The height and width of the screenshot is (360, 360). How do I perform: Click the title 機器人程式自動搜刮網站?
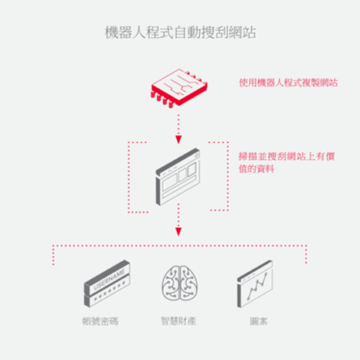tap(180, 32)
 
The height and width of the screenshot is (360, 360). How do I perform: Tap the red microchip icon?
tap(179, 88)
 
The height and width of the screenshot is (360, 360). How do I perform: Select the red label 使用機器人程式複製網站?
tap(288, 83)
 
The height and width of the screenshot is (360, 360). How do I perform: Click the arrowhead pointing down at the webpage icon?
tap(178, 140)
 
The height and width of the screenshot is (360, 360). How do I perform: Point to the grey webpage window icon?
tap(178, 177)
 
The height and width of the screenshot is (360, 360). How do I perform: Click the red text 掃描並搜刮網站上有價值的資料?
tap(287, 162)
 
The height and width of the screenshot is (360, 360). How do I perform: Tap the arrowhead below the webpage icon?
tap(178, 232)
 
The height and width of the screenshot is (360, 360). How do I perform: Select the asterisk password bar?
tap(107, 291)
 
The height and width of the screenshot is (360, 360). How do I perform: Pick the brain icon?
tap(180, 284)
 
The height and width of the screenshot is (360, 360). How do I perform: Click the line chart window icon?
tap(255, 284)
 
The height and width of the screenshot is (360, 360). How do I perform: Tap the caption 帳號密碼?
tap(100, 321)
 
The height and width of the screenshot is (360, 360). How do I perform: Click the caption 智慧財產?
tap(178, 321)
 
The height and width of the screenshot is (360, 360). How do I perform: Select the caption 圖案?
tap(259, 321)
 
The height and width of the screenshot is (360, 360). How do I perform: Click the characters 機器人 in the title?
tap(125, 32)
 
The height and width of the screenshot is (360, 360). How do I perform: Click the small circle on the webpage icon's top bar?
tap(196, 155)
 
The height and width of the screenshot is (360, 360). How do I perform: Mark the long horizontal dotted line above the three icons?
tap(179, 246)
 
